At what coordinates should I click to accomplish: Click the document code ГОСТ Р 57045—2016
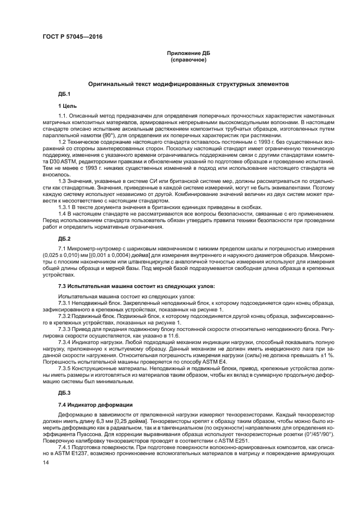[72, 37]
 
